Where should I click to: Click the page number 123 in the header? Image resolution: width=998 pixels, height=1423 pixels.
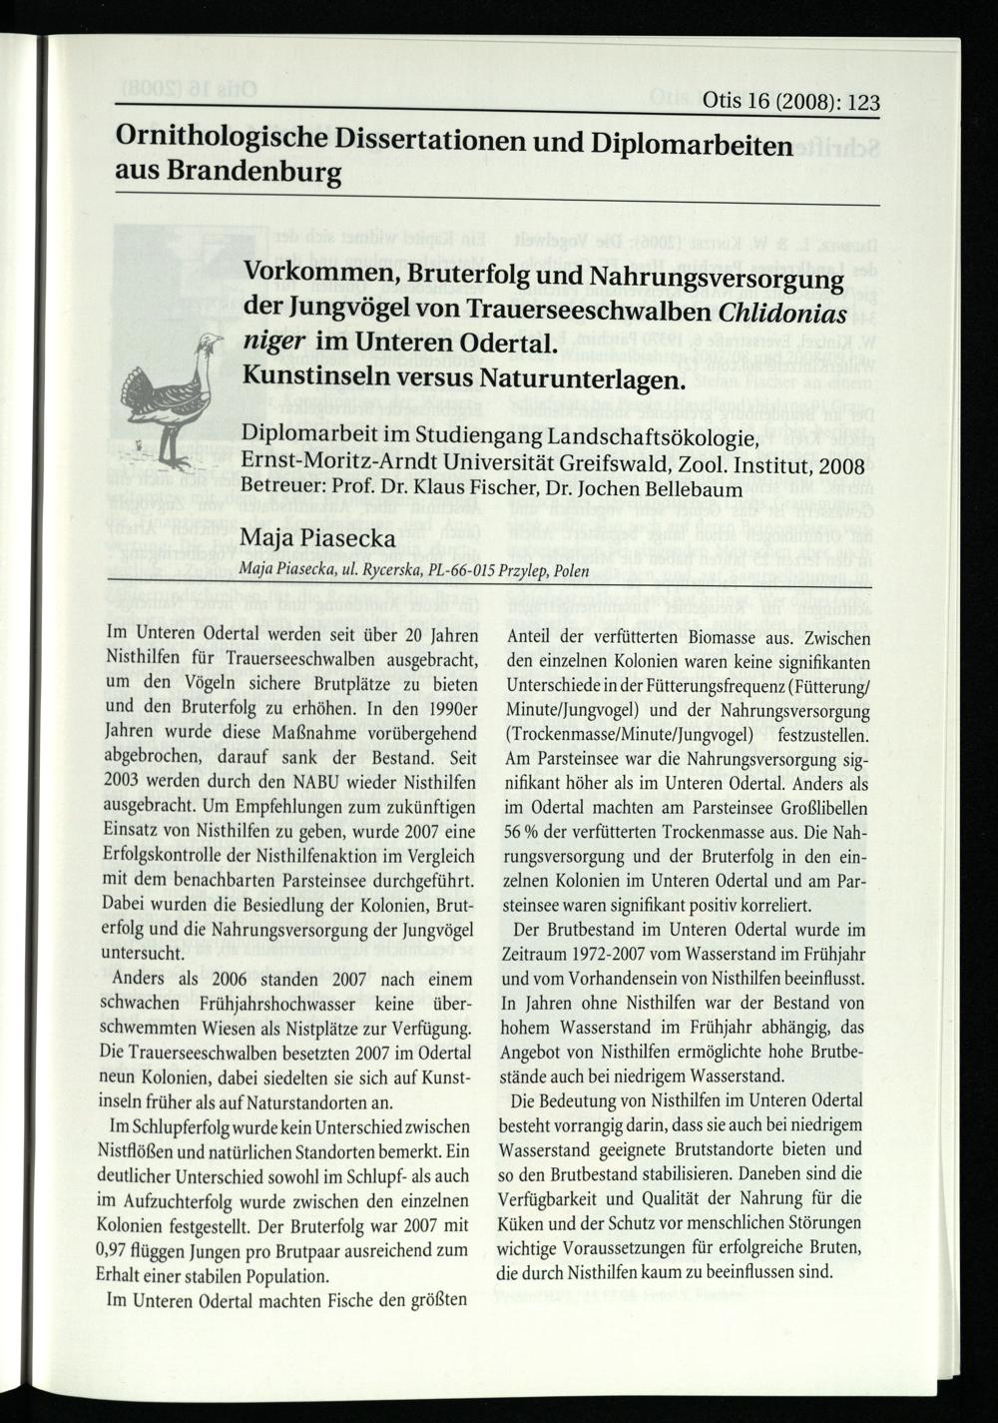pyautogui.click(x=858, y=102)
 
